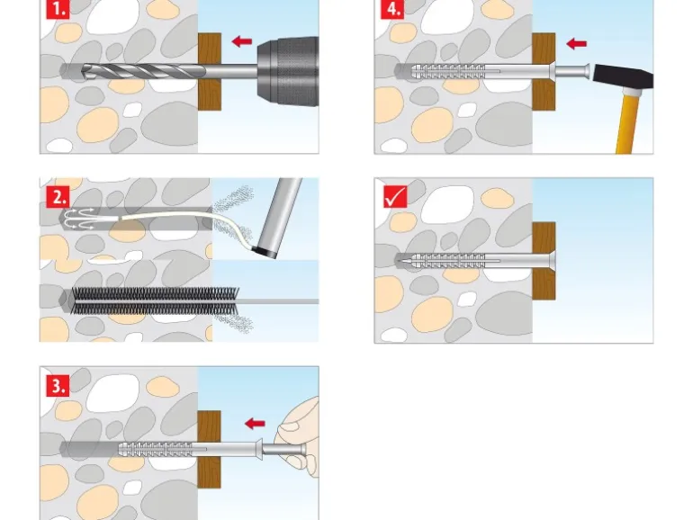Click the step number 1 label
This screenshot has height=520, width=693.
pos(58,11)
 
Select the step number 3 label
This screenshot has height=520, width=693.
pos(58,386)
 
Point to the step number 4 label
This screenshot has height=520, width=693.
pos(391,11)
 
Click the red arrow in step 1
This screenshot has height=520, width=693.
pos(240,40)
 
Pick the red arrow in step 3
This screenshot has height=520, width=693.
pos(256,422)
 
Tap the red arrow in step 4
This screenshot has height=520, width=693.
pos(576,42)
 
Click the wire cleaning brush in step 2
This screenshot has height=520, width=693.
pos(144,300)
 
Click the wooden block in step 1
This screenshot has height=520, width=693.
pos(209,70)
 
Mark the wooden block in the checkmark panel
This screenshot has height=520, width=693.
pos(544,260)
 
